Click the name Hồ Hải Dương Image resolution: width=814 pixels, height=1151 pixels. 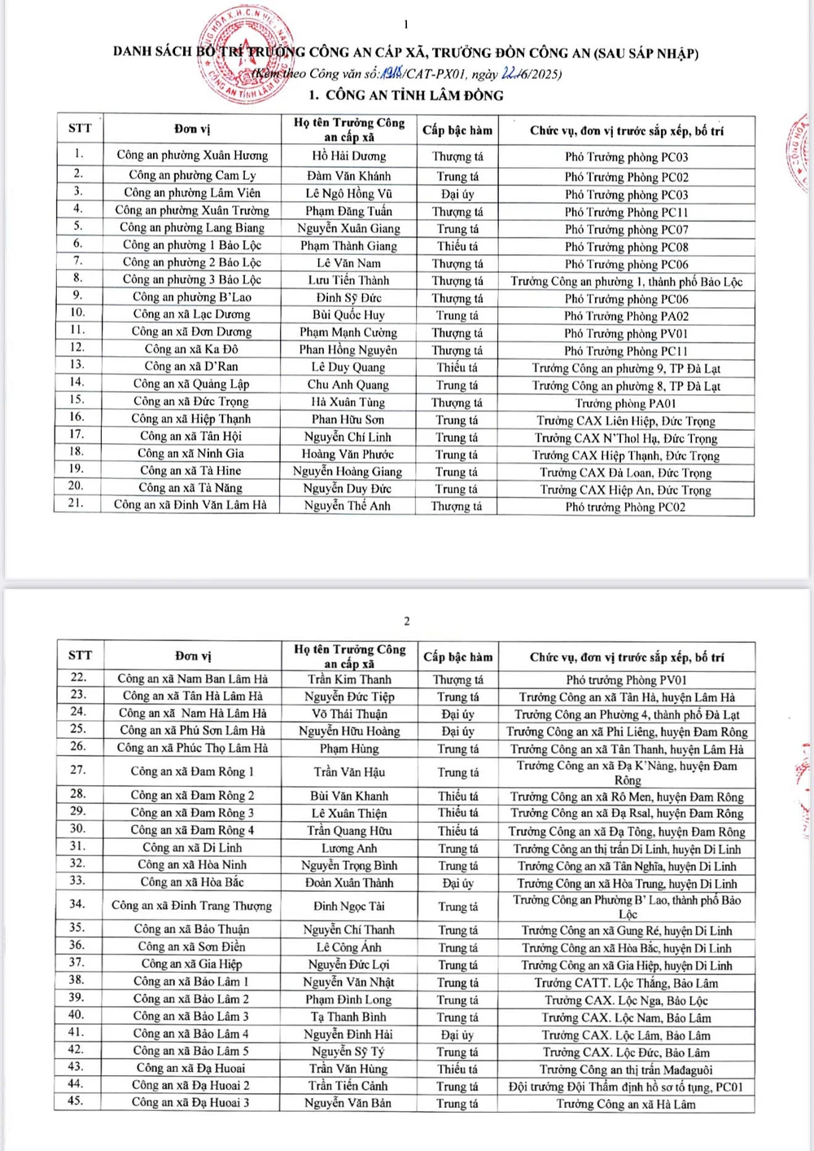[349, 156]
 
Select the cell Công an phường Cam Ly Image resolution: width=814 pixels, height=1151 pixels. [192, 175]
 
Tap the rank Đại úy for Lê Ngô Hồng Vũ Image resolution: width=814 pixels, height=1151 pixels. [457, 194]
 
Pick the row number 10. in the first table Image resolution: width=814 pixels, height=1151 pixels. [77, 313]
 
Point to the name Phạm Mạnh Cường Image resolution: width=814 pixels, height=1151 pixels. [348, 332]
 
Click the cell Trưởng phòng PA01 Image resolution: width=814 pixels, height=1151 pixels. [626, 403]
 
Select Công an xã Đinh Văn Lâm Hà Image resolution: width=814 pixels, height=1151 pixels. [190, 505]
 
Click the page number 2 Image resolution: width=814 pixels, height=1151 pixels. [407, 622]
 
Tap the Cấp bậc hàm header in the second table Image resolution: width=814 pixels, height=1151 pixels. [457, 657]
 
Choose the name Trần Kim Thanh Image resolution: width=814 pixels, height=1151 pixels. [349, 679]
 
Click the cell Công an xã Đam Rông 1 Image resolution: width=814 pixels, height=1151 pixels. [192, 771]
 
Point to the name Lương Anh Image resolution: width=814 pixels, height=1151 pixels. [349, 848]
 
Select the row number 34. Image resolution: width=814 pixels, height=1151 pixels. [77, 903]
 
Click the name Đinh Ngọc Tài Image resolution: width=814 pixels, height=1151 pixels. [349, 906]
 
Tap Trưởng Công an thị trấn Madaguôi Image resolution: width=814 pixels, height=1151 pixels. [626, 1070]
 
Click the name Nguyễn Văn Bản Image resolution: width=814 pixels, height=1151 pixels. [348, 1103]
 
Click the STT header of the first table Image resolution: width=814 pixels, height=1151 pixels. [80, 129]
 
